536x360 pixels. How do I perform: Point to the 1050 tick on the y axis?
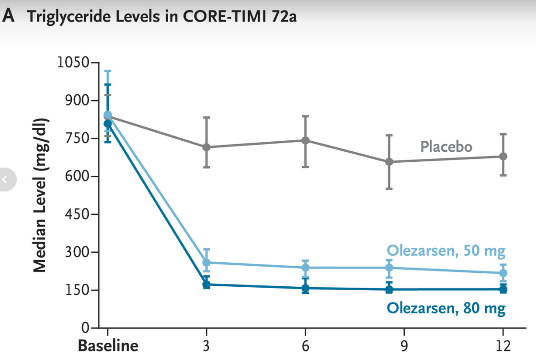72,63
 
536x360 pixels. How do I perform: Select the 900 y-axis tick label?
77,101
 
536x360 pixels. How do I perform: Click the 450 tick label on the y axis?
77,214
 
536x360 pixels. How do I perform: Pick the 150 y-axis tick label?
77,290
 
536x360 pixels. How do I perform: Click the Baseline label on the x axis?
108,346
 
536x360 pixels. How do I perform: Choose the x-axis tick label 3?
206,346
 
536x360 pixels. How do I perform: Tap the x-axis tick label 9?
404,346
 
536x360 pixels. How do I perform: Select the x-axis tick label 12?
503,346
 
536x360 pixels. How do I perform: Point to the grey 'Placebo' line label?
446,146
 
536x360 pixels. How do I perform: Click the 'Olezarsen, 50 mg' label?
446,251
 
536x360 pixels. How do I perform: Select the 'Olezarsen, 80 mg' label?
446,308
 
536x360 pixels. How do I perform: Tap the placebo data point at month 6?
305,140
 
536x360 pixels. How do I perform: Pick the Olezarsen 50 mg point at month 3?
206,263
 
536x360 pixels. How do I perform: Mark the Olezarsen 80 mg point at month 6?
305,288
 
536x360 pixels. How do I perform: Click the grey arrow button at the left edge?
6,180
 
